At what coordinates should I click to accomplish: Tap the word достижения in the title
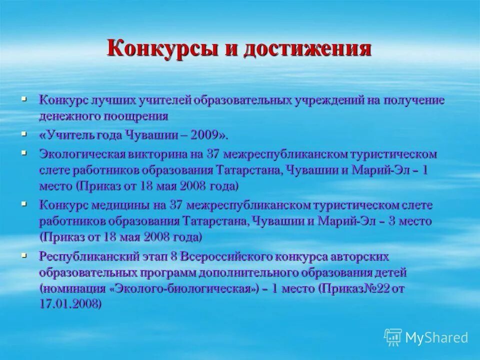(x=307, y=49)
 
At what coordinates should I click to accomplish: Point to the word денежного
(x=69, y=116)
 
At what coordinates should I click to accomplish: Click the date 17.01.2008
(x=69, y=304)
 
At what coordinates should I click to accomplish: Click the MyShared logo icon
(x=393, y=337)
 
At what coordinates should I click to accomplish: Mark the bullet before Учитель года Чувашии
(x=24, y=133)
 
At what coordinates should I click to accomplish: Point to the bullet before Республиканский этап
(x=24, y=255)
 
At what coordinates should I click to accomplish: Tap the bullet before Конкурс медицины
(x=24, y=203)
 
